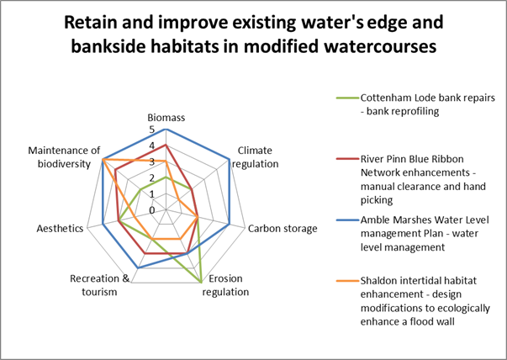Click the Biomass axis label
(x=166, y=118)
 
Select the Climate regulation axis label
(x=255, y=157)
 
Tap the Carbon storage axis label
(x=283, y=228)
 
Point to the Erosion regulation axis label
(x=225, y=285)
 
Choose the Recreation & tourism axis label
(x=99, y=285)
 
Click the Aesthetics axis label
(x=60, y=228)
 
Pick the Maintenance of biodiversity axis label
(x=64, y=157)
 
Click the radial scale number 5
(x=152, y=130)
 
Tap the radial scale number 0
(x=152, y=210)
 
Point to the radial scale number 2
(x=152, y=178)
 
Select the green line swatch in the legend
(x=347, y=98)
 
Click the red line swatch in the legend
(x=347, y=159)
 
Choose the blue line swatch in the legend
(x=347, y=220)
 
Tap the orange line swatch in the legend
(x=347, y=281)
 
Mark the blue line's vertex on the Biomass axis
(x=166, y=130)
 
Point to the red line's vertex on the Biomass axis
(x=166, y=146)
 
